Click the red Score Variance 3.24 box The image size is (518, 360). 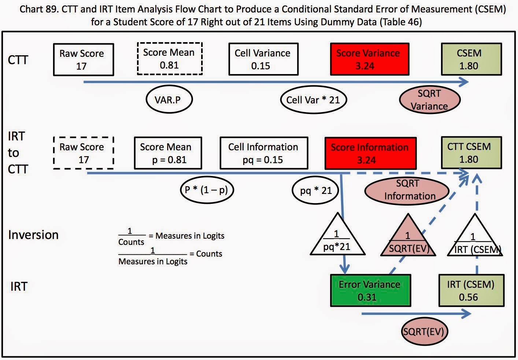pos(369,59)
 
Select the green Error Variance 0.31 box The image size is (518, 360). pos(370,290)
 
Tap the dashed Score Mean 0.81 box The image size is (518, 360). pos(170,59)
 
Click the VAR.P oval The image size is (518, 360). pos(169,100)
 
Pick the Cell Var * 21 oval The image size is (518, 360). pos(313,100)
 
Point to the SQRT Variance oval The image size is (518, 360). pos(429,100)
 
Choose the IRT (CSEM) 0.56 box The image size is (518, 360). pos(471,290)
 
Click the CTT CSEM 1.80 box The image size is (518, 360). pos(471,153)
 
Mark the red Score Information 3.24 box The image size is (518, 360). pos(370,153)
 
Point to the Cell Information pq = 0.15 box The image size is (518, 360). pos(263,153)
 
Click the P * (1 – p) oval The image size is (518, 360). pos(207,190)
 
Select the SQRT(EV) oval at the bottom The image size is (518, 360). pos(424,332)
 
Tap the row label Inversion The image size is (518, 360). pos(33,235)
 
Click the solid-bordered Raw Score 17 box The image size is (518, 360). pos(83,59)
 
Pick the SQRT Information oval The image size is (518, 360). pos(407,190)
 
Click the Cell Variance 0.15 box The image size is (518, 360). pos(263,59)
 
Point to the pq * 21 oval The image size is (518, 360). pos(315,191)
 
